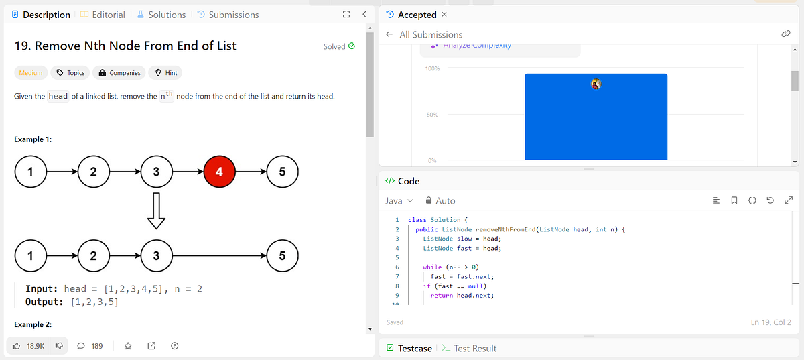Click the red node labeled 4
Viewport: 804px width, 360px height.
220,172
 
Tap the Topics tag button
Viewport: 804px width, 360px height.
70,73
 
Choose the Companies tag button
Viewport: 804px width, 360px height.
120,73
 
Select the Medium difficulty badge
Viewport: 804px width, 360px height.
31,73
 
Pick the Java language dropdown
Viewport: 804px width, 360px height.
399,201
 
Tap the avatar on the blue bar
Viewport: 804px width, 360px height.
596,84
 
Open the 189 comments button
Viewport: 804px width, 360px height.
90,346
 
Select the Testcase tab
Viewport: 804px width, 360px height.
409,349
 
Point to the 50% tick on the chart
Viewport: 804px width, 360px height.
431,115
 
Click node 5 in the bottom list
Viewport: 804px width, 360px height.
282,255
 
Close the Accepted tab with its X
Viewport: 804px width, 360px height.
444,15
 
